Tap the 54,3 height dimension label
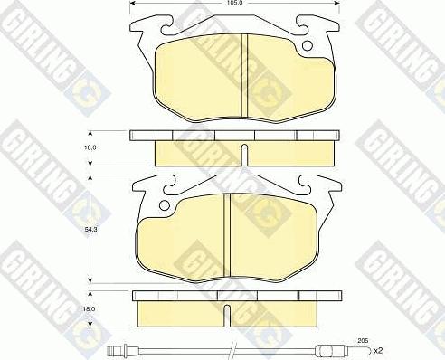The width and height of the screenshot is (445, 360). coord(87,229)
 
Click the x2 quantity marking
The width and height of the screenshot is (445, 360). coord(378,351)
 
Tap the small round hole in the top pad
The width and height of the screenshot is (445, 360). coord(308,45)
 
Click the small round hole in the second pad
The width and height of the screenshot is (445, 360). coord(165,205)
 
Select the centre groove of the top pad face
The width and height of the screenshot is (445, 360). coord(244,75)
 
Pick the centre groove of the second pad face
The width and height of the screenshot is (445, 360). coord(227,235)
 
